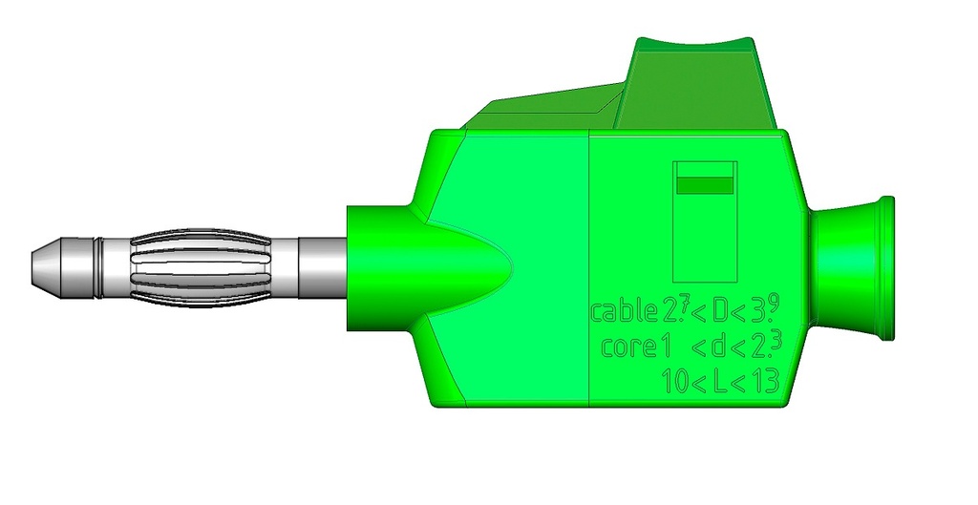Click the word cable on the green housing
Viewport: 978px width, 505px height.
point(624,312)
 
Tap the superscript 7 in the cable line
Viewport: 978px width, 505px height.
point(680,305)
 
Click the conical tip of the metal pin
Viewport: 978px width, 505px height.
point(44,265)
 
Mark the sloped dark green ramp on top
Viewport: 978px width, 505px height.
point(544,110)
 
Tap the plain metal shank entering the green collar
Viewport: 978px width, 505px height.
point(321,265)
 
